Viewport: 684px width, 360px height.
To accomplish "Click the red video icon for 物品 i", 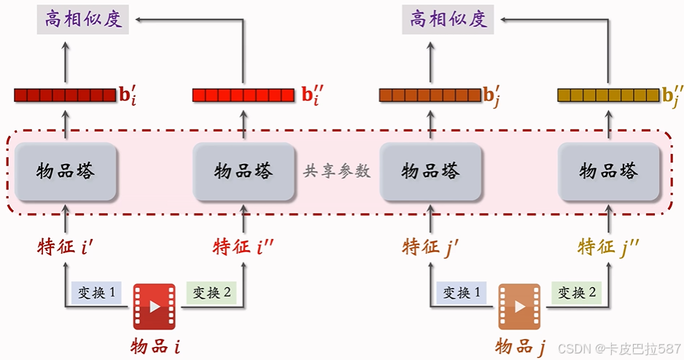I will (x=154, y=307).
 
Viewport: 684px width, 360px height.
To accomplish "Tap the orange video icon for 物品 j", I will (x=519, y=307).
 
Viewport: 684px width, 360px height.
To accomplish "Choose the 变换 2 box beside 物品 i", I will (x=211, y=293).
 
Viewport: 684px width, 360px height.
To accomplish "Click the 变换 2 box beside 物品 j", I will (x=577, y=293).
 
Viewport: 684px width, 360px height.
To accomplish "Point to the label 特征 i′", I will (x=65, y=247).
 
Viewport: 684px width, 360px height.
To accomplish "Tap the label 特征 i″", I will (x=244, y=247).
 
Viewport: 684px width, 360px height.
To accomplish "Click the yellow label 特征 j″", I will (x=609, y=247).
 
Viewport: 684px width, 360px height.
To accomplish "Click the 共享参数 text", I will (x=337, y=172).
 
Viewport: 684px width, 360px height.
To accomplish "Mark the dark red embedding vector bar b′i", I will (x=65, y=95).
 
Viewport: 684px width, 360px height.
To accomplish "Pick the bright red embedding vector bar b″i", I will (x=244, y=95).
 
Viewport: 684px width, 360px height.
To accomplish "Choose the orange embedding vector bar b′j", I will (x=430, y=95).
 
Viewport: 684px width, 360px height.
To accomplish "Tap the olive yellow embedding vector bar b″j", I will (x=608, y=95).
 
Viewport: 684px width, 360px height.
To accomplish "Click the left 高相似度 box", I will (x=82, y=19).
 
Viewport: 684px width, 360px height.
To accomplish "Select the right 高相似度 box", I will (x=448, y=19).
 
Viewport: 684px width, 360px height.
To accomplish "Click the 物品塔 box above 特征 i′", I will (x=66, y=172).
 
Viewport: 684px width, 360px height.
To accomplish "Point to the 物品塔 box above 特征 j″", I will (x=609, y=172).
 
